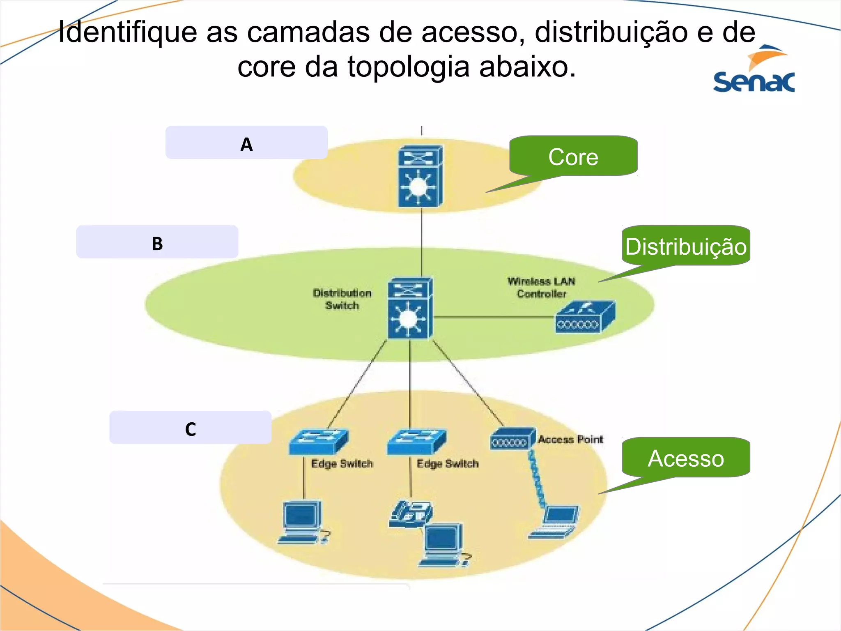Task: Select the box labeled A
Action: [x=246, y=143]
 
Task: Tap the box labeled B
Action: [x=157, y=242]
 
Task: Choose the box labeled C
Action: [x=190, y=427]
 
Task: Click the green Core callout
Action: [x=573, y=156]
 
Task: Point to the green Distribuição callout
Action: [x=686, y=246]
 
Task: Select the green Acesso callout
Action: [x=686, y=457]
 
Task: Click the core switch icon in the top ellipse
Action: [x=420, y=176]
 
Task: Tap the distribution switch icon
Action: [x=409, y=308]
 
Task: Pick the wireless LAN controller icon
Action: [x=585, y=318]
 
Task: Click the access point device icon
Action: [x=512, y=439]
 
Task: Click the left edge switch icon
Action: [x=318, y=442]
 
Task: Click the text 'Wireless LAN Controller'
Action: [x=541, y=288]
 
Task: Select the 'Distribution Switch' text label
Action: [x=342, y=299]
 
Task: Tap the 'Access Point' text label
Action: [x=570, y=439]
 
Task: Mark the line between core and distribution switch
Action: [x=421, y=242]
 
